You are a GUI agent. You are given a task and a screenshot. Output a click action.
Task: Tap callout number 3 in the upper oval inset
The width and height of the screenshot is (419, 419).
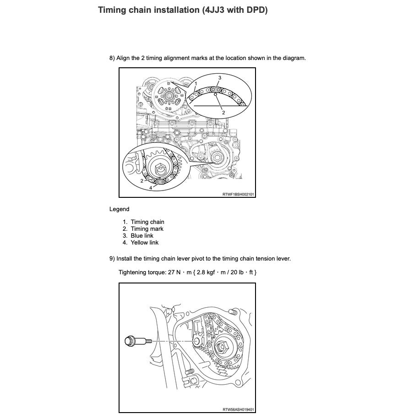(219, 78)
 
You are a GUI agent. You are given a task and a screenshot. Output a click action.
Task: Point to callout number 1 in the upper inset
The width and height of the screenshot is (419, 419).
(196, 84)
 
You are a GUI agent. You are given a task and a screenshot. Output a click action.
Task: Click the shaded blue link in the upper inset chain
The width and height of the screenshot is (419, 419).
(218, 88)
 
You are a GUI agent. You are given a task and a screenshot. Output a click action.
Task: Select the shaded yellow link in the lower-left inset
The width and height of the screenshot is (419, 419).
(160, 182)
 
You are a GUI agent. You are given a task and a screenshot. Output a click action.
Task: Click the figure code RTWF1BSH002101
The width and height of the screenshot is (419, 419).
(238, 194)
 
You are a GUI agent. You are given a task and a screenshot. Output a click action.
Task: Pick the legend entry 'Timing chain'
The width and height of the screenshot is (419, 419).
(147, 222)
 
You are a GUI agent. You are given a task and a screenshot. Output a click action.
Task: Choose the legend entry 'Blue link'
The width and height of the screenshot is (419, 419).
(142, 236)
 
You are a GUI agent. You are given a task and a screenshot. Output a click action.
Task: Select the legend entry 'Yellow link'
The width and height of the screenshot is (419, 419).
(144, 243)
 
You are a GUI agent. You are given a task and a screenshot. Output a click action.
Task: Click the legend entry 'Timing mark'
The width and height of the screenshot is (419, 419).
(147, 229)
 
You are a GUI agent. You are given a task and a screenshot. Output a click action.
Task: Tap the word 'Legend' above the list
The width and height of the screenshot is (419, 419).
(119, 209)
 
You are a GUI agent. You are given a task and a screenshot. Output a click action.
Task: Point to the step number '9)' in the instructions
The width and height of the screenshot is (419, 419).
(113, 259)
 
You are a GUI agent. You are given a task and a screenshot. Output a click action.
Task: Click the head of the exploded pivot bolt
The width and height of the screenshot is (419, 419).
(130, 341)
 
